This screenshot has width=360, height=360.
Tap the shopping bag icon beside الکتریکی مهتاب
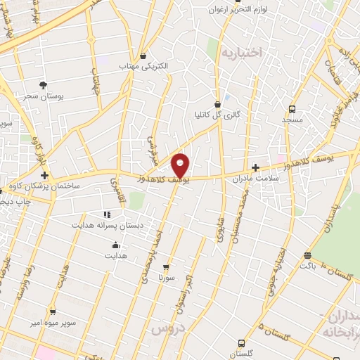tap(143, 55)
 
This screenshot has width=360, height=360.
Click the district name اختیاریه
tap(240, 52)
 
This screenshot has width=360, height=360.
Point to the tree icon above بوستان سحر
tap(44, 84)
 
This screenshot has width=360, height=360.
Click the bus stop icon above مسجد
tap(292, 109)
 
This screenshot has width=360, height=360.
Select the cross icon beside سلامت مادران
tap(255, 167)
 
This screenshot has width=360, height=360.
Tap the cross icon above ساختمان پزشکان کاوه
tap(44, 174)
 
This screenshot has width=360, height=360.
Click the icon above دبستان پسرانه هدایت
tap(107, 214)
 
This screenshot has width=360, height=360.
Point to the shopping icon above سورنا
tap(166, 267)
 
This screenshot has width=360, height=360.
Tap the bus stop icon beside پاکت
tap(307, 255)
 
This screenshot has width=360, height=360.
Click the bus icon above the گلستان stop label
tap(242, 344)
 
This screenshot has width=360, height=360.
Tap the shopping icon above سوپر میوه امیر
tap(53, 310)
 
